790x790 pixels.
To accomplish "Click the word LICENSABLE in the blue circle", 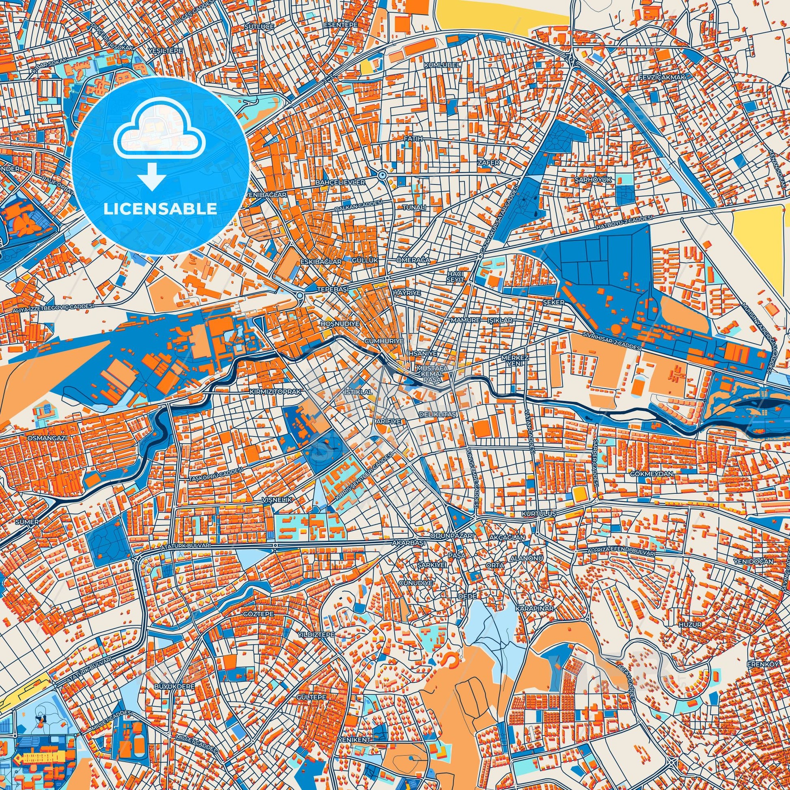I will point(160,209).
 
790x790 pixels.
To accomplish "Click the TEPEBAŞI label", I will point(332,289).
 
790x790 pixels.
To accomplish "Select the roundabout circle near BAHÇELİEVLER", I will point(382,175).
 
